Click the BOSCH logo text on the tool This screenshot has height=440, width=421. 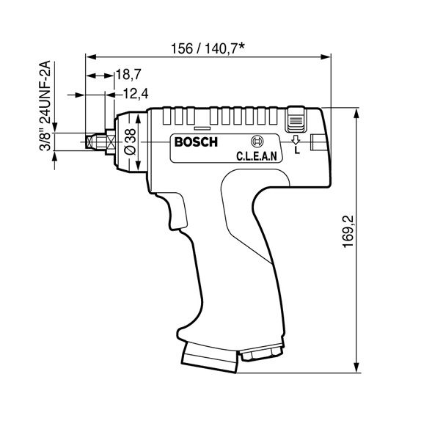pos(195,142)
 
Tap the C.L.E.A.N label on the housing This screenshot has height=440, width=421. pos(255,155)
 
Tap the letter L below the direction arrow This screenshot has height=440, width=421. pos(296,150)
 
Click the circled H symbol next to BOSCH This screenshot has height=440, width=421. pos(256,142)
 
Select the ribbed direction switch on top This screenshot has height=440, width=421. pos(295,117)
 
